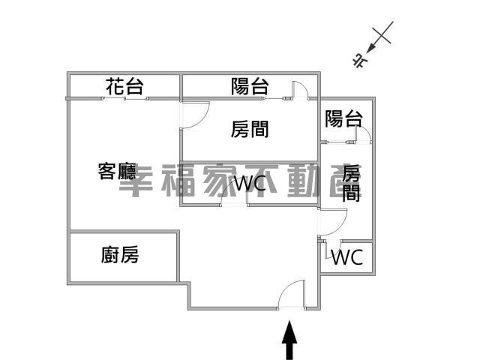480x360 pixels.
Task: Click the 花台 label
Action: click(x=124, y=86)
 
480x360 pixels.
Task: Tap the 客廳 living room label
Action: click(x=117, y=171)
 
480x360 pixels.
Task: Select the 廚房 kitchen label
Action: click(x=120, y=255)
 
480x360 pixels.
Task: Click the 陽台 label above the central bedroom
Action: click(x=250, y=86)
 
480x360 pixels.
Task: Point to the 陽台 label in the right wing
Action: click(x=343, y=118)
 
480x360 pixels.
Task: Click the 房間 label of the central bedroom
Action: click(x=250, y=129)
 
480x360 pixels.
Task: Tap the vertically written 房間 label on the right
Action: click(x=351, y=183)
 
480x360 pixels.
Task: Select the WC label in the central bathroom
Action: click(x=250, y=184)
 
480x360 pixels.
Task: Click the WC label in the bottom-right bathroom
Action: click(x=347, y=257)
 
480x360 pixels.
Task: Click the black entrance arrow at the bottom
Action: click(x=289, y=340)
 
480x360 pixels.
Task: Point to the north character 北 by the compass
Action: click(x=360, y=61)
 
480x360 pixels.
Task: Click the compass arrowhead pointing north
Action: click(x=371, y=48)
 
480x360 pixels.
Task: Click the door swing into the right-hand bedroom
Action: click(x=340, y=226)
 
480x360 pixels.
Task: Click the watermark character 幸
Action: click(x=136, y=181)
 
